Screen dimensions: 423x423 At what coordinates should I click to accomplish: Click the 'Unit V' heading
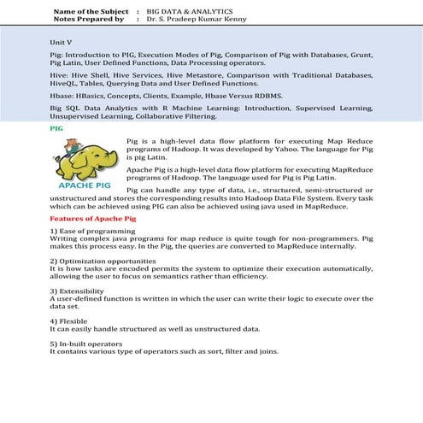click(62, 40)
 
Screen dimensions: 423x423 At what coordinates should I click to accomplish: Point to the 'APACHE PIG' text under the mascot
click(83, 184)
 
